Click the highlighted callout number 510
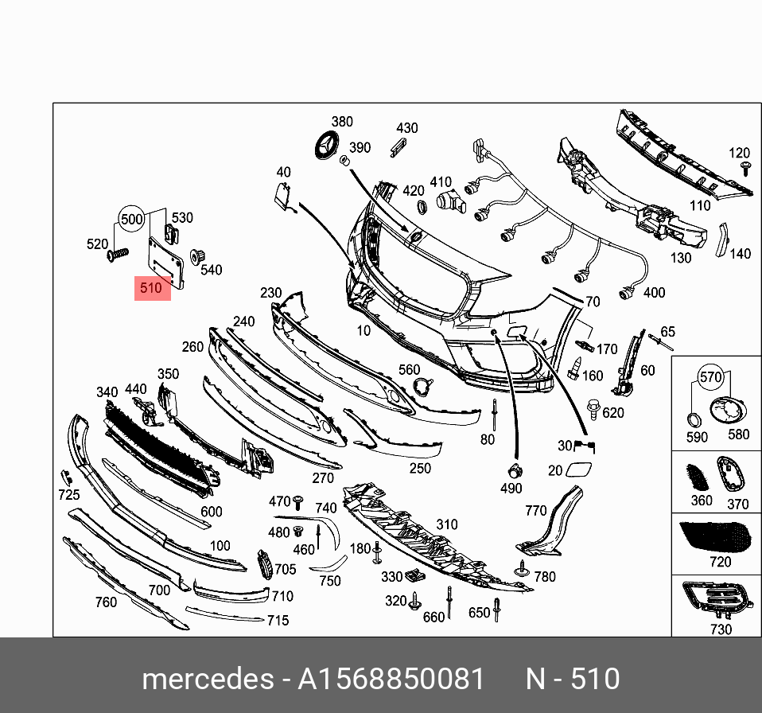pyautogui.click(x=150, y=288)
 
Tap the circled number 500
pyautogui.click(x=132, y=219)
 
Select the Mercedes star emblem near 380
pyautogui.click(x=327, y=145)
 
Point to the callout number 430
pyautogui.click(x=406, y=128)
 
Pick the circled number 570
pyautogui.click(x=710, y=376)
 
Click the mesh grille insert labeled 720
pyautogui.click(x=715, y=537)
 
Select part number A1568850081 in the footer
pyautogui.click(x=391, y=679)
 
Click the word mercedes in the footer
pyautogui.click(x=208, y=679)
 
